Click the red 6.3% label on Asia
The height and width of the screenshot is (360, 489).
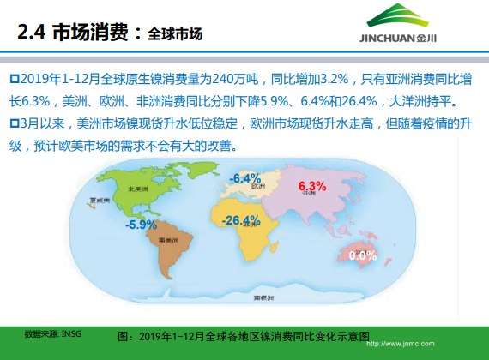[x=313, y=186]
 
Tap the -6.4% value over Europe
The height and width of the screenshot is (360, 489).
[x=245, y=178]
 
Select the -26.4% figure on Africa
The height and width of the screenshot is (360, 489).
[x=241, y=221]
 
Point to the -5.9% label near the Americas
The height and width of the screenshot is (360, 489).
[x=141, y=225]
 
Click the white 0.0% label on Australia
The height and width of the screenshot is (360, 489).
[x=363, y=255]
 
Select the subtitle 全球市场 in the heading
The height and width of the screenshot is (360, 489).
[x=175, y=35]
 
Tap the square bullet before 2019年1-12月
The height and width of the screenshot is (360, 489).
[x=13, y=80]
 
